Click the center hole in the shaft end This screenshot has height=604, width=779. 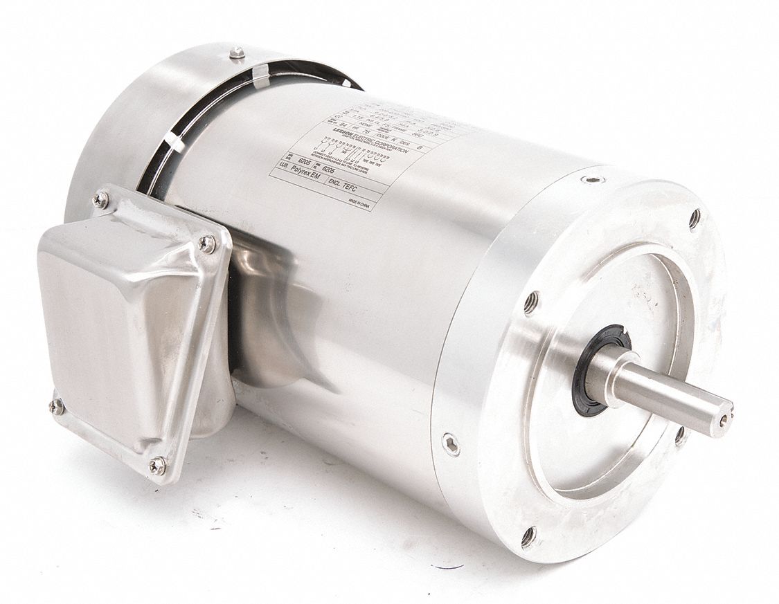pyautogui.click(x=724, y=418)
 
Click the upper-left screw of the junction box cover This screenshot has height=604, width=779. pyautogui.click(x=100, y=201)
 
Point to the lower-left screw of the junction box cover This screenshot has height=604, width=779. pyautogui.click(x=57, y=406)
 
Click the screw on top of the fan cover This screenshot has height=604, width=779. pyautogui.click(x=238, y=52)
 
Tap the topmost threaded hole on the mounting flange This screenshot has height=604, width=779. pyautogui.click(x=695, y=219)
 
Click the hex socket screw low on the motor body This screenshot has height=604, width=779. pyautogui.click(x=451, y=443)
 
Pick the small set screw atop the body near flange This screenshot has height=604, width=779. pyautogui.click(x=592, y=180)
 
